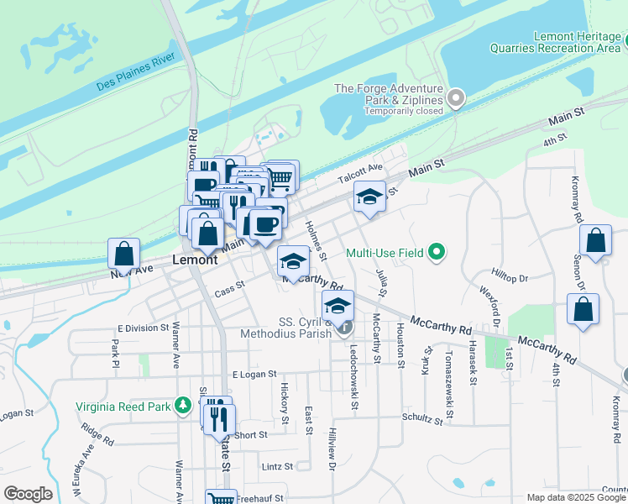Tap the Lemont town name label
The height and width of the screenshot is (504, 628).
point(195,260)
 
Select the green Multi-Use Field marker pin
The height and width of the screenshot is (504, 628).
point(436,251)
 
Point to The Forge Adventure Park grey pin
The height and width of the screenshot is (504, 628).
point(456,99)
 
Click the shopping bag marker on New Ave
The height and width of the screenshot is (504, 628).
point(124,253)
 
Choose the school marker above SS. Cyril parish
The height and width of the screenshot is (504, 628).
point(338,307)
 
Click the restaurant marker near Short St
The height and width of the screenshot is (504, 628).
point(219,417)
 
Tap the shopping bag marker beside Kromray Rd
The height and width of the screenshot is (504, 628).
point(595,241)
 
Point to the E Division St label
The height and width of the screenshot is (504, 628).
point(144,328)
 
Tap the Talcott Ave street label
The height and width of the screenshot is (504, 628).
point(360,174)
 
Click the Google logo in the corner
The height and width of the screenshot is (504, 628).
point(28,494)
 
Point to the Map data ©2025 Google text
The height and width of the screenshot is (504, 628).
point(577,497)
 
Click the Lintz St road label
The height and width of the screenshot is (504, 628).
point(277,466)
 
